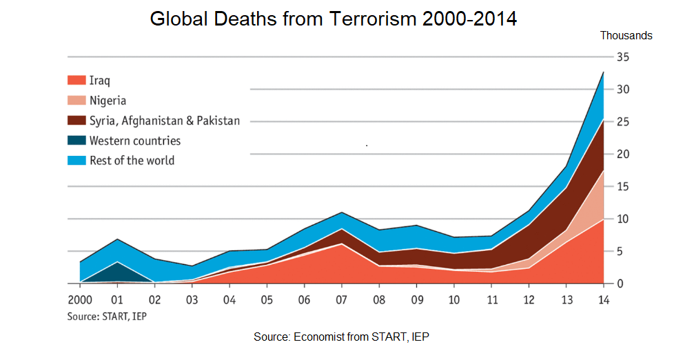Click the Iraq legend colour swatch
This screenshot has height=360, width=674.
coord(76,80)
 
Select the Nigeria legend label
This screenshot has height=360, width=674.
coord(108,101)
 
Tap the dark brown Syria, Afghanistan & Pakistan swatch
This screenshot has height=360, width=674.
coord(76,121)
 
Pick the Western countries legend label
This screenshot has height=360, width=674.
coord(135,141)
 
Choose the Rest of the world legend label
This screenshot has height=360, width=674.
coord(132,161)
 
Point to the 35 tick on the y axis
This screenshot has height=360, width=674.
coord(623,57)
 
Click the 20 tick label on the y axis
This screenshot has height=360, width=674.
coord(623,154)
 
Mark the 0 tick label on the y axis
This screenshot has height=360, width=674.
coord(620,283)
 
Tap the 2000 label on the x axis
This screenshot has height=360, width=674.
coord(80,300)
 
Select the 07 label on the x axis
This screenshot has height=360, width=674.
coord(341,300)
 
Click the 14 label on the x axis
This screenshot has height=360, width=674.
coord(604,300)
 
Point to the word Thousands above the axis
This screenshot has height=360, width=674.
coord(626,36)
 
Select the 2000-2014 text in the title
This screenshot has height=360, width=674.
coord(469,19)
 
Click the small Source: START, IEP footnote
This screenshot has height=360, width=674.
coord(107,317)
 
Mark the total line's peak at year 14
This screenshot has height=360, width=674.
coord(604,72)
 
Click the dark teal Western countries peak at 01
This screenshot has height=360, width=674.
coord(117,262)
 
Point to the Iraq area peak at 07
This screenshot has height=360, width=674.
coord(341,244)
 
